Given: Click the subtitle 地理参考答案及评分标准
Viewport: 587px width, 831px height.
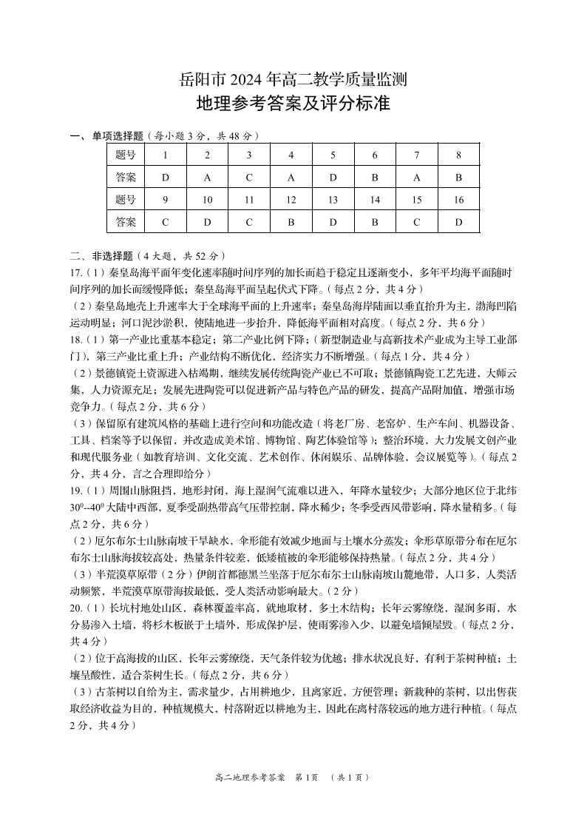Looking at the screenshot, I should [x=293, y=104].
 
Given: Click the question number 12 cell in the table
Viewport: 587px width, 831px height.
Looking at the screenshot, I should [x=291, y=200].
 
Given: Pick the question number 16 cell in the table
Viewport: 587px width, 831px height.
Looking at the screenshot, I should [x=458, y=200].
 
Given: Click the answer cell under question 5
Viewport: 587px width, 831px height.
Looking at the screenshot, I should [x=333, y=178].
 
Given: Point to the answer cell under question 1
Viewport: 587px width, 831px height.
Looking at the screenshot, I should [x=165, y=178].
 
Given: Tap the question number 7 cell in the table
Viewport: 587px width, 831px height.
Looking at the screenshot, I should [x=417, y=155].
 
